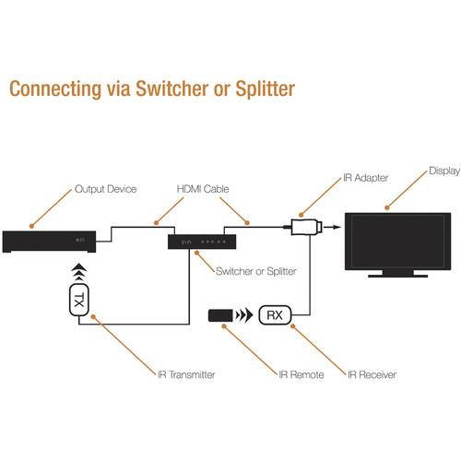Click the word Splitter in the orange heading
click(261, 89)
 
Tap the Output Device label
click(105, 189)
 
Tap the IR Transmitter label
click(185, 374)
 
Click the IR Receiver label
click(372, 374)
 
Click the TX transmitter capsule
click(81, 301)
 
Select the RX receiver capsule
click(275, 315)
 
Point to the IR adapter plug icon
click(305, 225)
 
